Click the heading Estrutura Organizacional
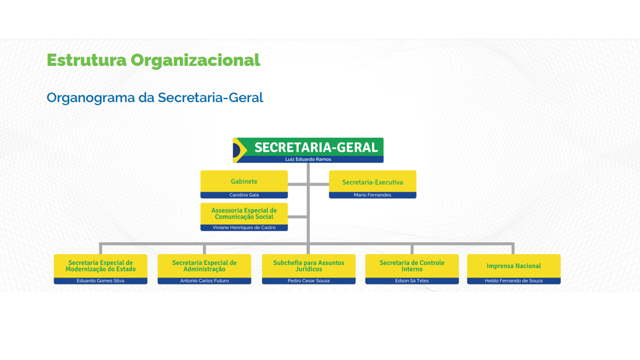point(153,60)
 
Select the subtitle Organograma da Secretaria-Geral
point(155,97)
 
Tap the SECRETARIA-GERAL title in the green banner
point(316,147)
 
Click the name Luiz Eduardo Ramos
point(308,159)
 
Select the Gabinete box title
point(244,181)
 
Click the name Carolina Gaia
point(244,195)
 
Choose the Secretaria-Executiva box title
point(372,182)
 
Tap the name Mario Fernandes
point(372,195)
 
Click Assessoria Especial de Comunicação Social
point(244,213)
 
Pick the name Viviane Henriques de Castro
point(244,227)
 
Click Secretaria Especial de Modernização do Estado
point(100,266)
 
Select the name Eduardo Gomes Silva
point(100,281)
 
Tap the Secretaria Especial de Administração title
point(204,266)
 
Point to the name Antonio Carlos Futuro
point(204,281)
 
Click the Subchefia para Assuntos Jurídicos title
point(308,266)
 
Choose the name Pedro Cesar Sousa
point(308,281)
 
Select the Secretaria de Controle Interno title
point(412,266)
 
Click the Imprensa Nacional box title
point(514,266)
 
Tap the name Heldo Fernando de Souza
point(514,281)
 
